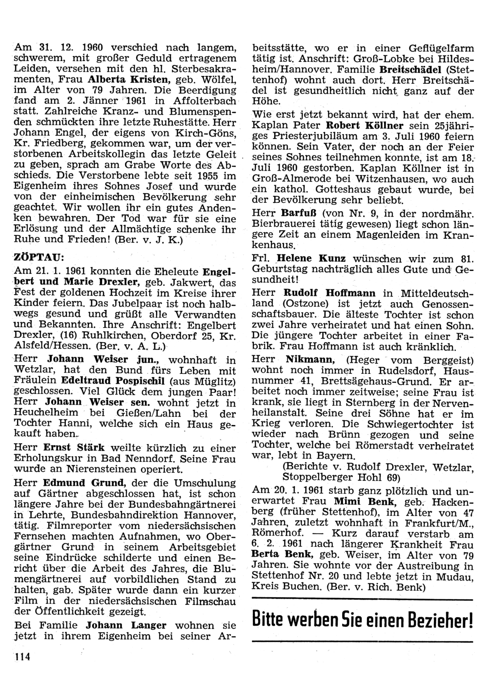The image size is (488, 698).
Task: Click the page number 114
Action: tap(22, 657)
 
